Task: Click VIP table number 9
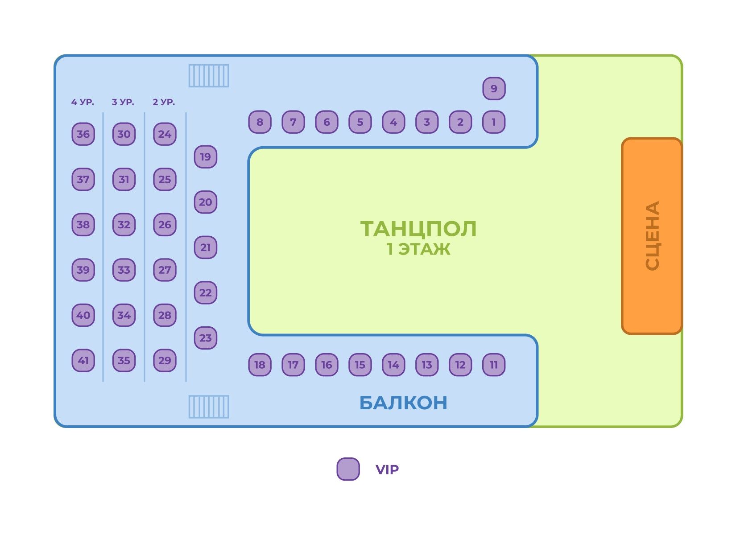click(494, 88)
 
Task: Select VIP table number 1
click(494, 122)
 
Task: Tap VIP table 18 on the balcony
click(260, 365)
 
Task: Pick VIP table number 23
click(205, 337)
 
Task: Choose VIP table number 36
click(83, 134)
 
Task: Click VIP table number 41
click(83, 360)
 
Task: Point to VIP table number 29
click(165, 360)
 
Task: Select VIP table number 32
click(124, 224)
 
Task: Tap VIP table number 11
click(494, 365)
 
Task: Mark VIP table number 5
click(360, 122)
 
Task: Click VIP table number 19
click(205, 156)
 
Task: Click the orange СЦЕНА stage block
click(652, 235)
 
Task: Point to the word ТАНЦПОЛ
click(418, 229)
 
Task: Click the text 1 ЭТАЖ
click(418, 249)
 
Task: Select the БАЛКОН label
click(403, 403)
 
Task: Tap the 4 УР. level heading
click(83, 102)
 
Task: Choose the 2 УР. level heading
click(164, 102)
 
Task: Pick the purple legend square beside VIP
click(348, 469)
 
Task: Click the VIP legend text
click(387, 469)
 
